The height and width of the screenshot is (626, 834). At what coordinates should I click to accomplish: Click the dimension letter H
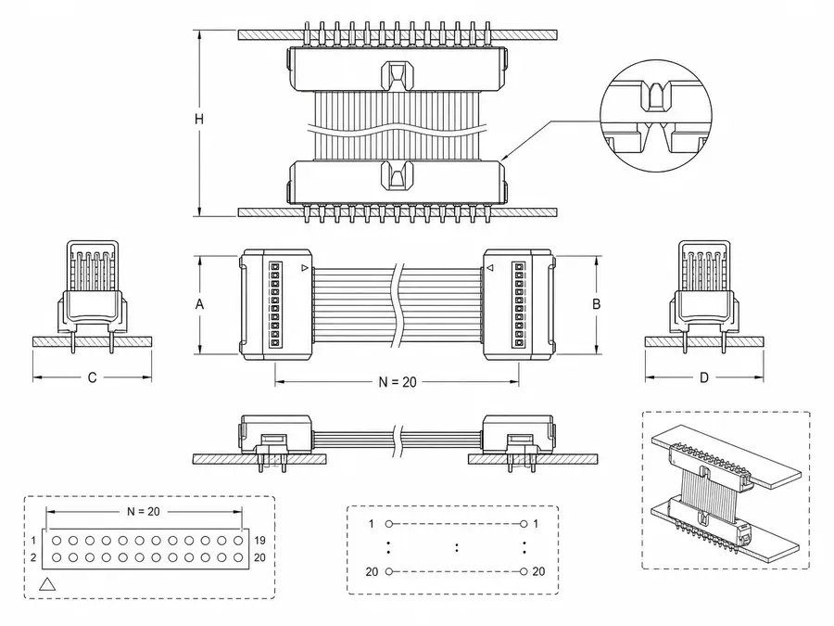[199, 119]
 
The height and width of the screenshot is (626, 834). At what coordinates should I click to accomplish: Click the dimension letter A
[199, 304]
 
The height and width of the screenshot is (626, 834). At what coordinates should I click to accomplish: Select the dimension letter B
[596, 304]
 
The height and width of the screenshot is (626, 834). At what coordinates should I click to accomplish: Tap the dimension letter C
[92, 377]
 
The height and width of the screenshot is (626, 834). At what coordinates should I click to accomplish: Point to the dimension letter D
[704, 377]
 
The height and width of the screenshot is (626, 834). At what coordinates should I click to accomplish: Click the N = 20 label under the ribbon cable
[398, 382]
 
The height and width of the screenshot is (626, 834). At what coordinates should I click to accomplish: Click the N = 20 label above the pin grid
[143, 512]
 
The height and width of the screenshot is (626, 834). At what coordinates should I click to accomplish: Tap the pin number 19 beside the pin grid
[259, 541]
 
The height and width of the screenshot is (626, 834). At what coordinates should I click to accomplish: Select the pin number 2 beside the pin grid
[33, 558]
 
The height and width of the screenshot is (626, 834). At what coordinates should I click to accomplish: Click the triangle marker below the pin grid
[47, 585]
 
